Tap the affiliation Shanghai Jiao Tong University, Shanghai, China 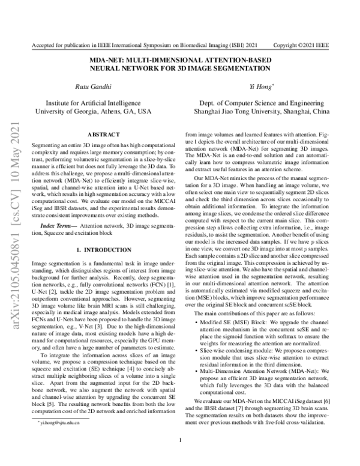[x=262, y=112]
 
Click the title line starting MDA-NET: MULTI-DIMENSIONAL [x=180, y=61]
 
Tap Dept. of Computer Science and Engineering [x=262, y=103]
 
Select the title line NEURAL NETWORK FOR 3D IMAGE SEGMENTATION [x=180, y=69]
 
